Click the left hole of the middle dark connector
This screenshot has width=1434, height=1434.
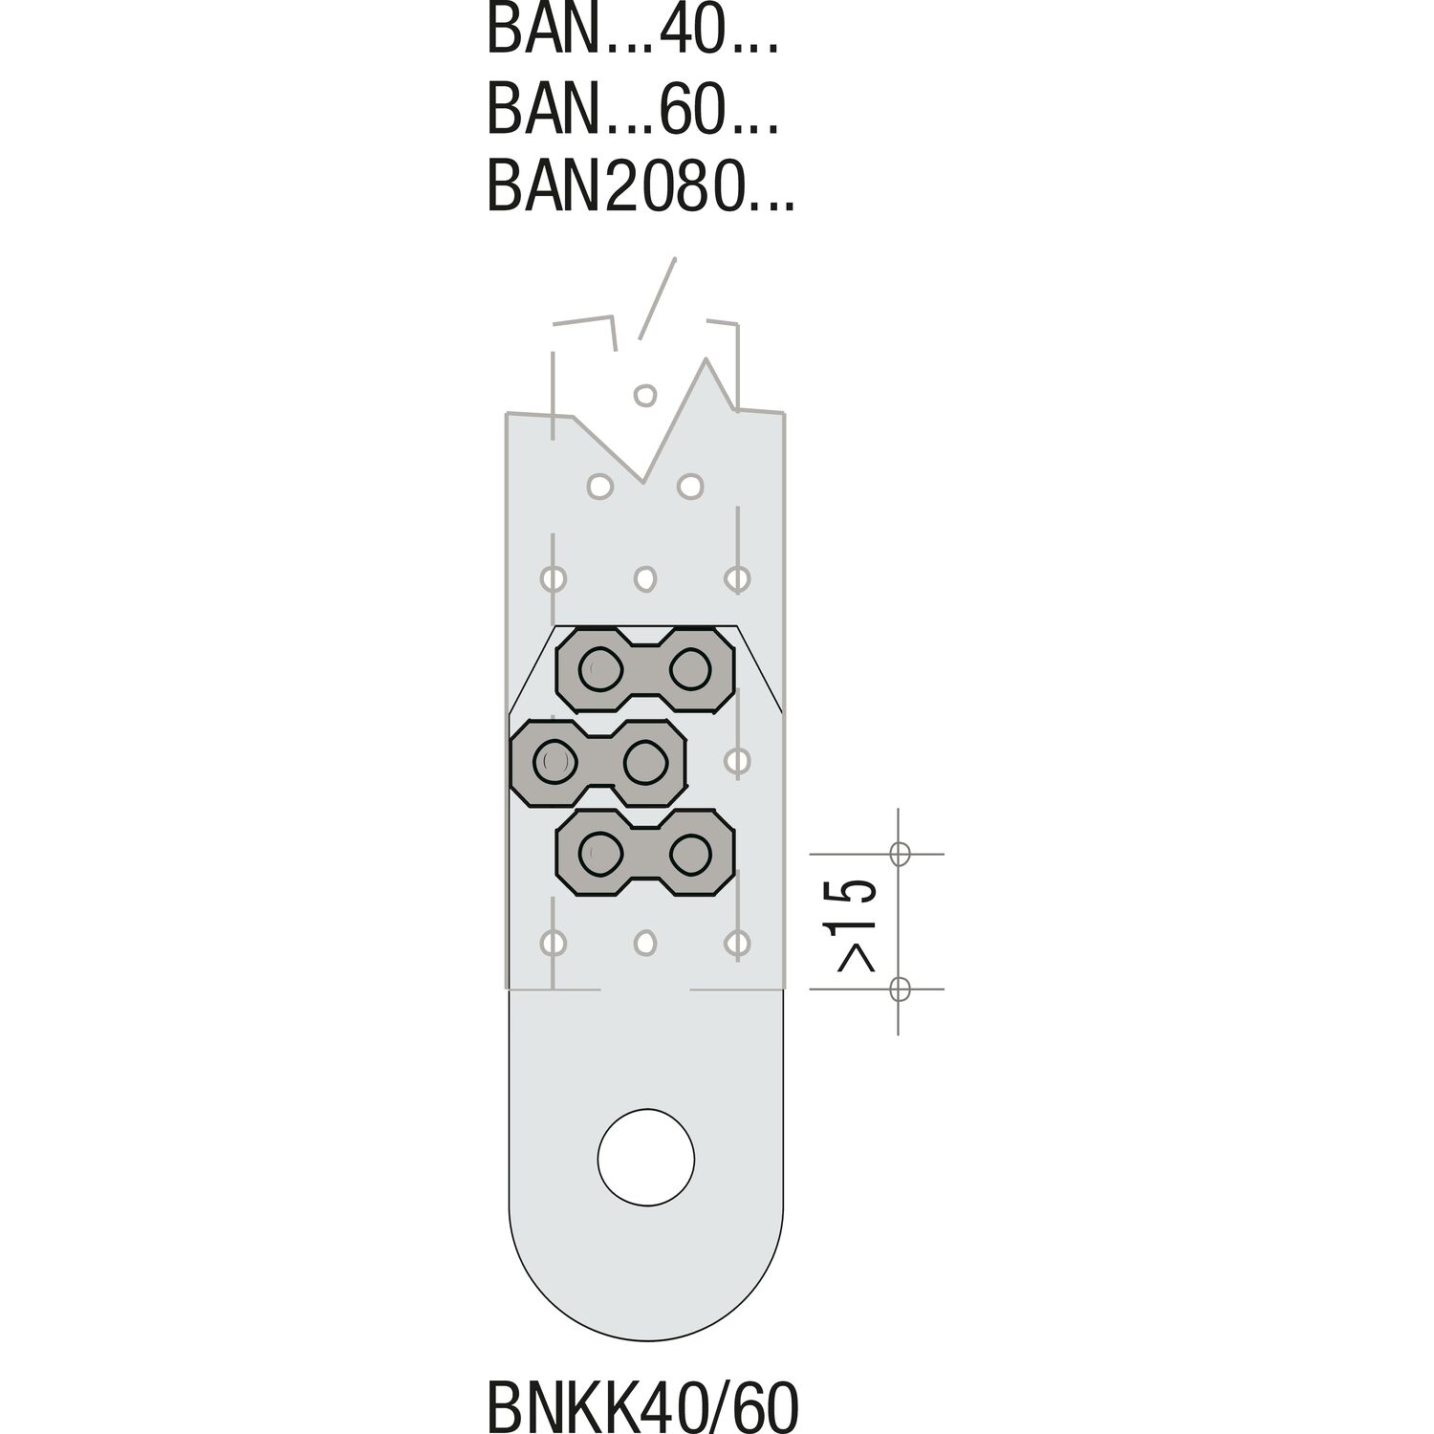coord(555,761)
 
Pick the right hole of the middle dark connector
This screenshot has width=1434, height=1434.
coord(644,761)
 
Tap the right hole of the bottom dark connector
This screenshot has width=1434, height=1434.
coord(690,851)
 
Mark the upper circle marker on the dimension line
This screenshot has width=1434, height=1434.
coord(899,853)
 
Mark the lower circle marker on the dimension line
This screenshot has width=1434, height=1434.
coord(899,989)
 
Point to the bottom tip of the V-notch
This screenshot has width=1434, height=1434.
coord(644,482)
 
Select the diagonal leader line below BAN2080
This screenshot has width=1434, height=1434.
coord(658,296)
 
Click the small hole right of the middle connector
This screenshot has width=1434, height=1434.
coord(736,761)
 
